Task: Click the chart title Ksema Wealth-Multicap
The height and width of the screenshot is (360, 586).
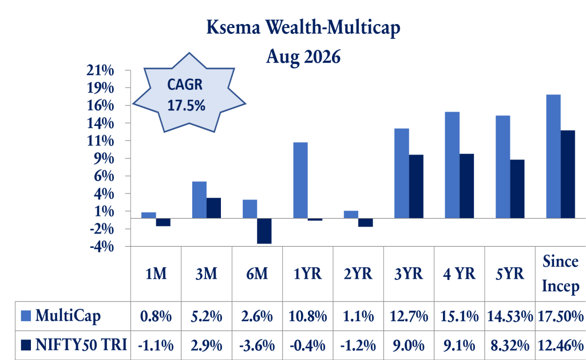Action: click(303, 28)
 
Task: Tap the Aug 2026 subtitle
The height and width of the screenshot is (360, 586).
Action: click(303, 57)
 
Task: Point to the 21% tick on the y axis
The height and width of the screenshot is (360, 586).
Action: click(100, 70)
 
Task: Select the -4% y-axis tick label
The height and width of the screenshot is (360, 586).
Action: click(102, 246)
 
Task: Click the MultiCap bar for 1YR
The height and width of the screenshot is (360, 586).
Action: click(300, 180)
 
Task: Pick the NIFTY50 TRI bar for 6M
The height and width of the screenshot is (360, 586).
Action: click(264, 231)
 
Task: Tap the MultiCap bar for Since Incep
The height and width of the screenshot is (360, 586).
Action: click(553, 156)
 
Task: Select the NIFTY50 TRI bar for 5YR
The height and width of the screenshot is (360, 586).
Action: click(517, 189)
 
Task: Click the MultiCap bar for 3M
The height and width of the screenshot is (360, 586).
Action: click(199, 200)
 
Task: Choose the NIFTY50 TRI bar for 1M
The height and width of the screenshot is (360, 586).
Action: click(163, 222)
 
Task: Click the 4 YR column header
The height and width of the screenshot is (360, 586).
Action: click(460, 274)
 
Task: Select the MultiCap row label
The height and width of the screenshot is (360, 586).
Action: click(68, 316)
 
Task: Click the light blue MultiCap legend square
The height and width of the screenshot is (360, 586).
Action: click(26, 316)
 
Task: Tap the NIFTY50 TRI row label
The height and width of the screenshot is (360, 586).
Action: click(81, 345)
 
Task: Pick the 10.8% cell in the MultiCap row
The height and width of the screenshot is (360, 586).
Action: click(307, 317)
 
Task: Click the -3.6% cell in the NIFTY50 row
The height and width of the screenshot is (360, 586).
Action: click(257, 346)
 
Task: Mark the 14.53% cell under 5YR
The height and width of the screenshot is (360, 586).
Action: click(510, 317)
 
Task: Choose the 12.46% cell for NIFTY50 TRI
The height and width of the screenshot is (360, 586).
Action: click(561, 346)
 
